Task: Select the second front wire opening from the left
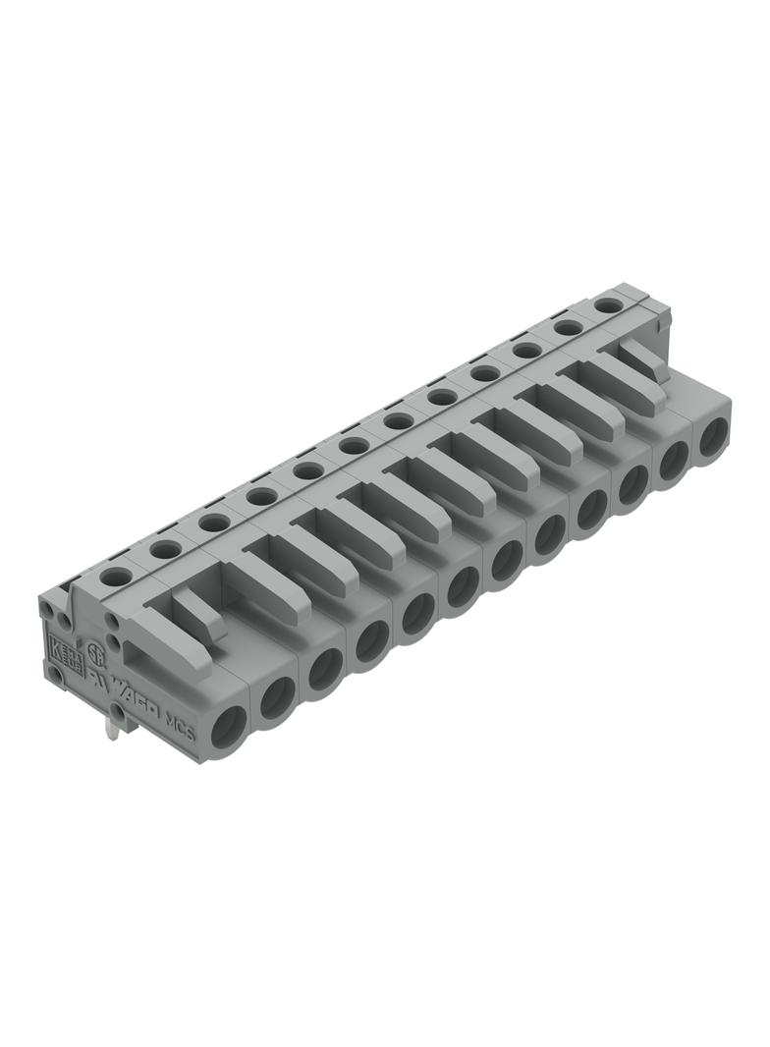click(278, 696)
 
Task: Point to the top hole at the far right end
click(609, 305)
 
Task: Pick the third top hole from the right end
click(526, 350)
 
